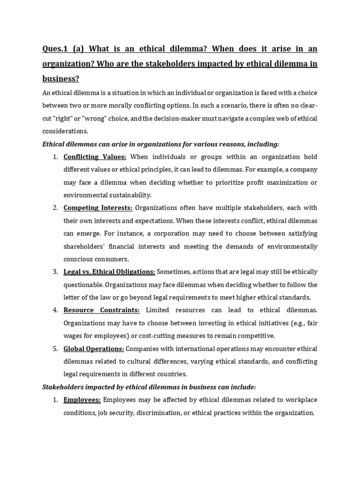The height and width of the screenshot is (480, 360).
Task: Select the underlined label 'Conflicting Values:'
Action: [95, 157]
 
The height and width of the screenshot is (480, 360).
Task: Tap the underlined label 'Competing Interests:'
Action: [98, 208]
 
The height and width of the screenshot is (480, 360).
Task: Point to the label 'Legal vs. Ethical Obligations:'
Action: [109, 272]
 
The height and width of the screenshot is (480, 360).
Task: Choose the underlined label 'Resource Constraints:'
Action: [101, 310]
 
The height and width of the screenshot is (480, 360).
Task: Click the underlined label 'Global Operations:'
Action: [94, 349]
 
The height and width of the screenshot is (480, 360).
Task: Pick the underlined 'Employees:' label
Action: [82, 400]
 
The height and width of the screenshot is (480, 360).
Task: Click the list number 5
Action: [55, 349]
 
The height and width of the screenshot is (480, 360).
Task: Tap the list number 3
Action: [55, 272]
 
